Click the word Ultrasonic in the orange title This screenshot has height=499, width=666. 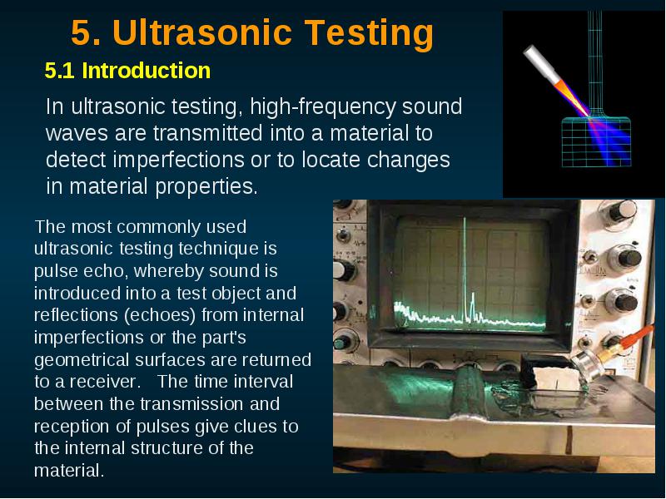pyautogui.click(x=202, y=32)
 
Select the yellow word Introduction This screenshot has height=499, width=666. pyautogui.click(x=147, y=71)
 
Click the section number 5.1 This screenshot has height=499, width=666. pyautogui.click(x=59, y=71)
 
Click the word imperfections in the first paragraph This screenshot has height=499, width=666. pyautogui.click(x=178, y=160)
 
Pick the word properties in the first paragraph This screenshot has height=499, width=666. pyautogui.click(x=206, y=186)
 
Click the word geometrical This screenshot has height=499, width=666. pyautogui.click(x=82, y=360)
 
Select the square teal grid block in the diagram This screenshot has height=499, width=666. pyautogui.click(x=596, y=142)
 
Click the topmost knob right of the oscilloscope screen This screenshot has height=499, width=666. pyautogui.click(x=621, y=211)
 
